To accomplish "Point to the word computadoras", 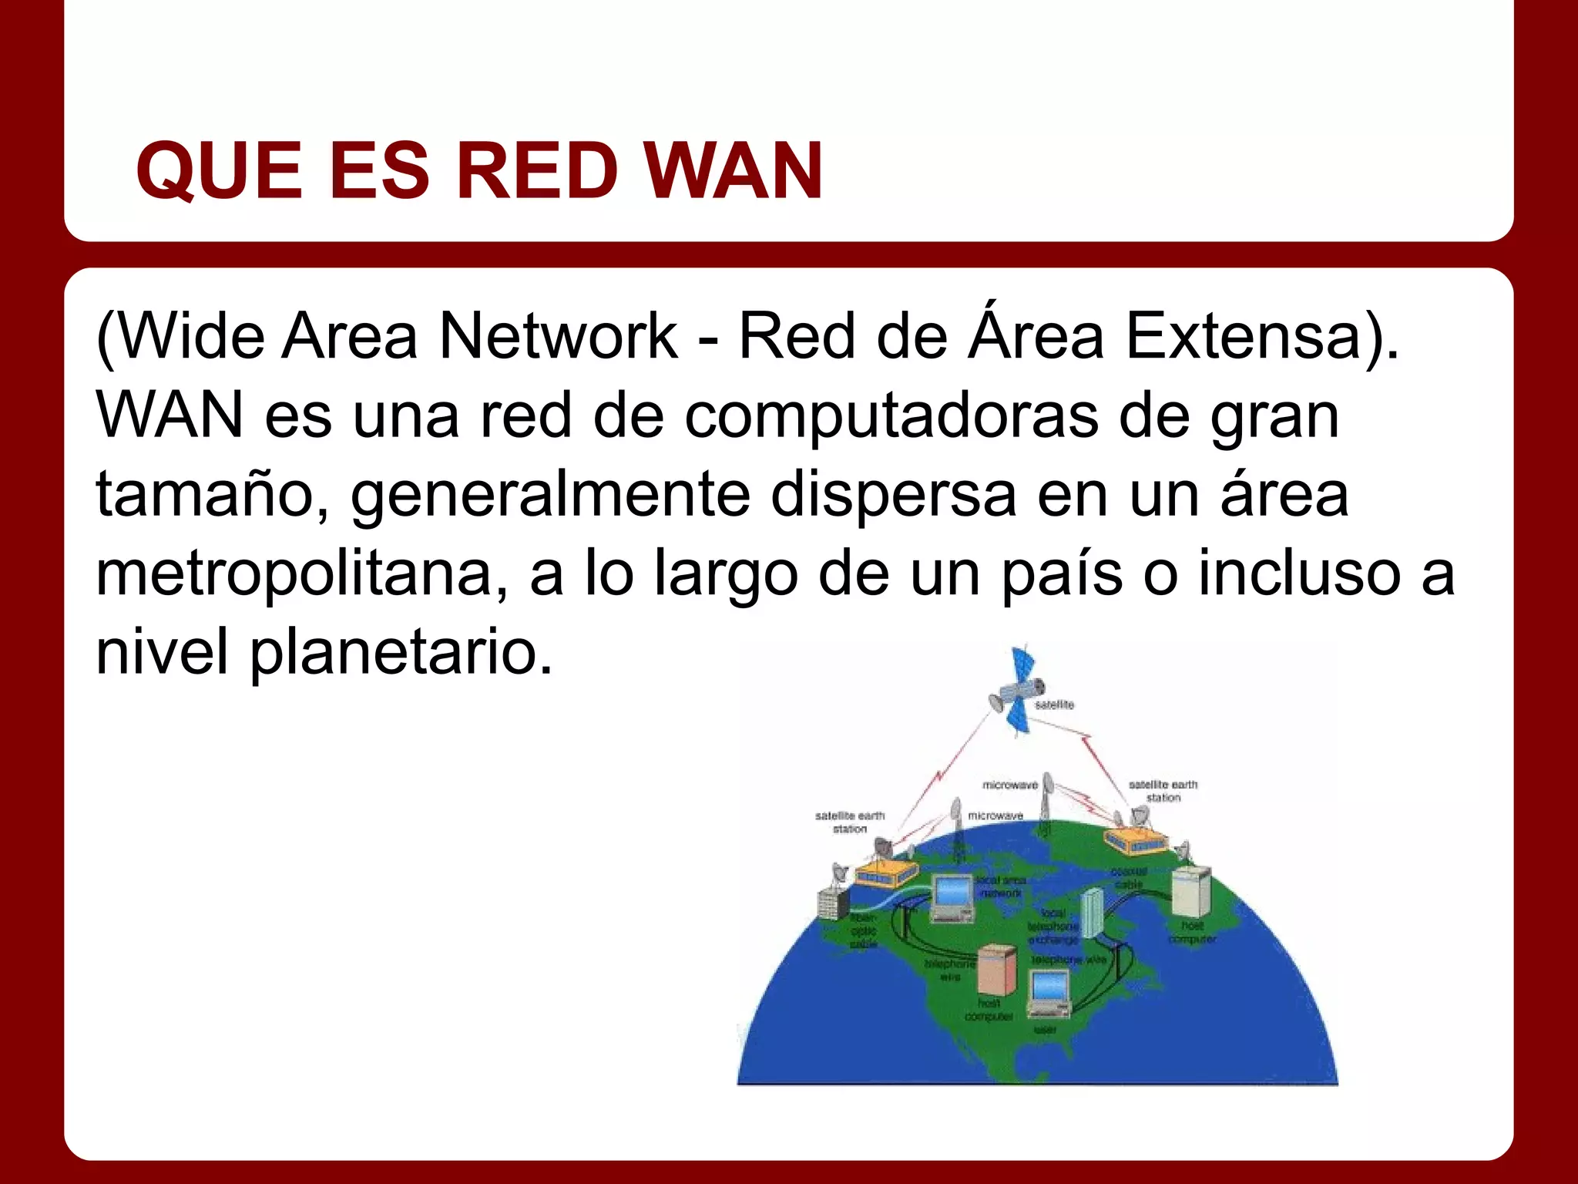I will [891, 416].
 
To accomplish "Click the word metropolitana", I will [294, 574].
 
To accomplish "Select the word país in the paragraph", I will [1062, 574].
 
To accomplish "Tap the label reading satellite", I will [1054, 705].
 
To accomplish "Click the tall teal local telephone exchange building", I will [1092, 913].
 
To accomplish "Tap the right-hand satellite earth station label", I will [1162, 791].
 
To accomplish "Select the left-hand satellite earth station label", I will [850, 822].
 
